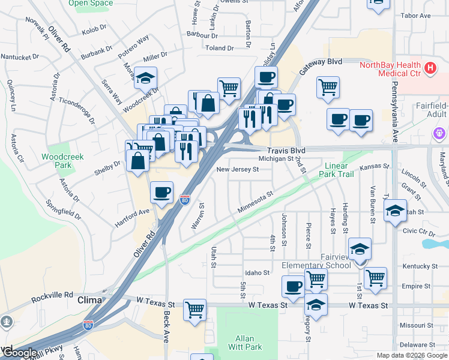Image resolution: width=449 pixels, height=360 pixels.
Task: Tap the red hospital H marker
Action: (429, 68)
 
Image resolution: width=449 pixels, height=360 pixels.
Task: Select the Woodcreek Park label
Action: (62, 161)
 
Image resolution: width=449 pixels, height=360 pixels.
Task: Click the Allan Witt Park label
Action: (245, 343)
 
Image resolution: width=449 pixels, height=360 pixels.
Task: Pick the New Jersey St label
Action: (237, 170)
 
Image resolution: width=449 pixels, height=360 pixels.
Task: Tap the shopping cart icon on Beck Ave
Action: (194, 310)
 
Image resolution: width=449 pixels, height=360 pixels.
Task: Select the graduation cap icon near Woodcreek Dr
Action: (145, 77)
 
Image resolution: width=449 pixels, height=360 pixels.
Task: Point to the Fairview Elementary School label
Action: (316, 260)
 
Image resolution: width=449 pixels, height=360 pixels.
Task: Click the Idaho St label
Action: (258, 272)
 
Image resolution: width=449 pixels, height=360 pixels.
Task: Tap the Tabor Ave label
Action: (415, 15)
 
